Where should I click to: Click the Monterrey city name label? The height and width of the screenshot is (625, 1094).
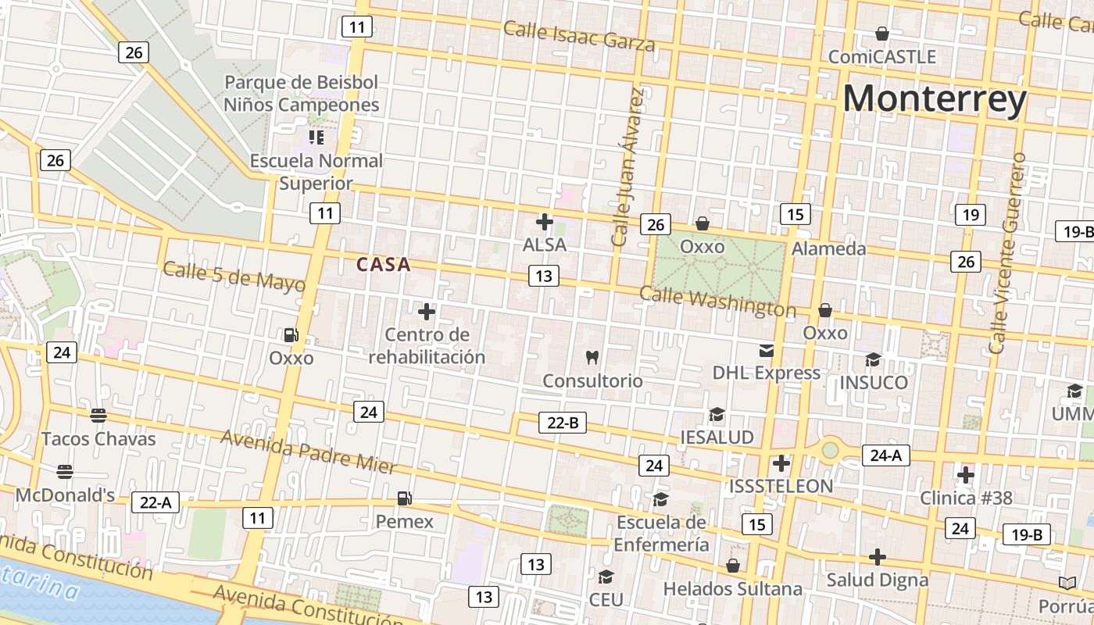[934, 100]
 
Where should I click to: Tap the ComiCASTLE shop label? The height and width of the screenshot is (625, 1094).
[881, 57]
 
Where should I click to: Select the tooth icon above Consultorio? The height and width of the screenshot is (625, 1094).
[592, 358]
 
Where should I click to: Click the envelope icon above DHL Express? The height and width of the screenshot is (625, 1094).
[766, 351]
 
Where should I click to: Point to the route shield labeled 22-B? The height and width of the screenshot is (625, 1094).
[563, 423]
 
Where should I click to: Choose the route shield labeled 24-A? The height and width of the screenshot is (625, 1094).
[885, 455]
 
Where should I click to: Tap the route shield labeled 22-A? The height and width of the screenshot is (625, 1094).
[155, 502]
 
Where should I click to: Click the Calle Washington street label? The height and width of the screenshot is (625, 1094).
[717, 302]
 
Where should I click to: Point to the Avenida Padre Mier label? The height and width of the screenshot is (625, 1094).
[309, 452]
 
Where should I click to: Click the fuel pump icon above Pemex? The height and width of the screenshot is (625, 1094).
[404, 498]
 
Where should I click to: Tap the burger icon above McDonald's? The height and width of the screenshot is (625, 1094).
[65, 472]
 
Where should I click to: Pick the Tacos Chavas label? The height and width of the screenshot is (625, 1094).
[98, 439]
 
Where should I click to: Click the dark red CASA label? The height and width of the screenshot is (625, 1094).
[384, 265]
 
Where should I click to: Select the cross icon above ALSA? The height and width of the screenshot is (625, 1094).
[545, 222]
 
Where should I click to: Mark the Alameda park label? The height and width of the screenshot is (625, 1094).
[828, 248]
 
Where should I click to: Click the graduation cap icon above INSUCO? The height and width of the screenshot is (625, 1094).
[873, 359]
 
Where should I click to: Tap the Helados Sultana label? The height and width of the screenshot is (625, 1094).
[732, 588]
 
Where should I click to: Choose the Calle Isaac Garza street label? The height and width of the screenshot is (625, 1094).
[578, 36]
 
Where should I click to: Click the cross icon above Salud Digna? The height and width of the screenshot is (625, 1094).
[878, 557]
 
